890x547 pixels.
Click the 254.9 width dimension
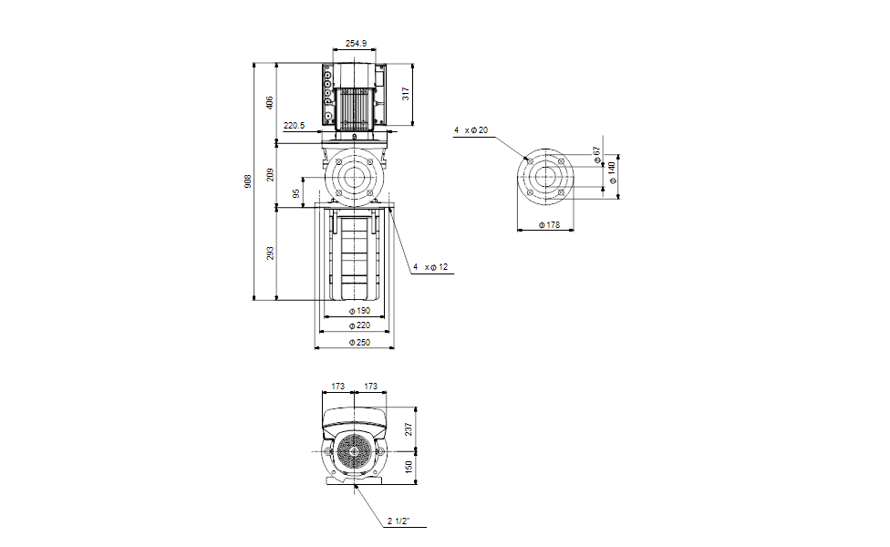356,43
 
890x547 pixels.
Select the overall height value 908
248,181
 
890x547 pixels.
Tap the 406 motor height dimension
270,103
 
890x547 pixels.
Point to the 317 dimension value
405,94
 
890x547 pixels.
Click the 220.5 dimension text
294,126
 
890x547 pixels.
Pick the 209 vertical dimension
270,175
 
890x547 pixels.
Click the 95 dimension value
295,194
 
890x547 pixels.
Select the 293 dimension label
270,253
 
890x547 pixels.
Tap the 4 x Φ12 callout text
430,267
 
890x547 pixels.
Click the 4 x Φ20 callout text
471,130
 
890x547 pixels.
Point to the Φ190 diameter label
359,311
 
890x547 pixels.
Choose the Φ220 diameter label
359,325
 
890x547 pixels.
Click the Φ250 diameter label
359,342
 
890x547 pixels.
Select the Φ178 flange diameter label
549,225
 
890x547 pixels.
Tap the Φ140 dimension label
612,172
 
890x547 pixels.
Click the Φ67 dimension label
596,155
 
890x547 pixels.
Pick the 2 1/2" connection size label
398,521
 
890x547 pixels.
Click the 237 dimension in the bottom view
409,429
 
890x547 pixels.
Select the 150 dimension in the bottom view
409,468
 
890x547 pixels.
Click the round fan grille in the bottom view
354,451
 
